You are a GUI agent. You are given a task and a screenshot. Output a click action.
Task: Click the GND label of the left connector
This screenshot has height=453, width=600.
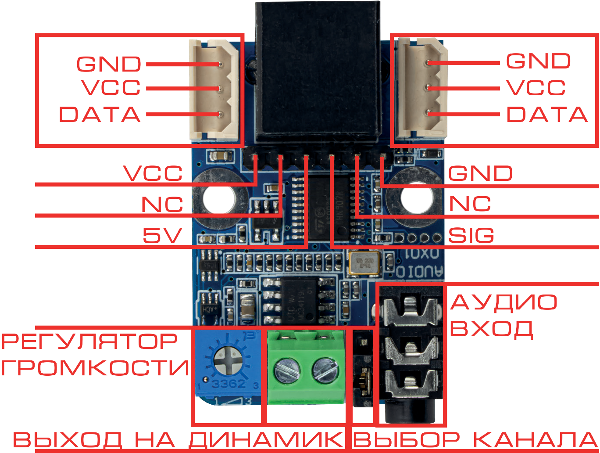click(109, 64)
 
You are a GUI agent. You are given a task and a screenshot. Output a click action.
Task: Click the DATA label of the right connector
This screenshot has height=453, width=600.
click(546, 115)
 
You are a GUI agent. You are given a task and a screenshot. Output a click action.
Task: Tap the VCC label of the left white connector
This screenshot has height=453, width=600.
click(111, 88)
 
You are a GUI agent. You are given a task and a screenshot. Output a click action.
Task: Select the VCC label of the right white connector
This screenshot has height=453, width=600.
click(536, 88)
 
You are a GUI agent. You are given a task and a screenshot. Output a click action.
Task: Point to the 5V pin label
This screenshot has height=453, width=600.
click(161, 236)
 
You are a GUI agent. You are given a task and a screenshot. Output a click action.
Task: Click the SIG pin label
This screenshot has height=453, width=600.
click(471, 236)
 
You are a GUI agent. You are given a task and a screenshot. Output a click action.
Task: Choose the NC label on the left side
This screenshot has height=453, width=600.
click(162, 205)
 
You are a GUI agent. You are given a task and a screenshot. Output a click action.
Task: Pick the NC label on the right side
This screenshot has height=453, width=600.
click(470, 204)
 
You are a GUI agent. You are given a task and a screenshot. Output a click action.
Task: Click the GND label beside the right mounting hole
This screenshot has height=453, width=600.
click(480, 174)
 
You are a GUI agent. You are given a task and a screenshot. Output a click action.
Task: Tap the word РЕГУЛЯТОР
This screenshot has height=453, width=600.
click(90, 342)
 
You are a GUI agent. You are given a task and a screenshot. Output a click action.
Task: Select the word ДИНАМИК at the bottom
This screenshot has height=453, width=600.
click(266, 439)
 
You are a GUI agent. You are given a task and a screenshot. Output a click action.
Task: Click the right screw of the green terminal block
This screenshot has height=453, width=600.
click(325, 372)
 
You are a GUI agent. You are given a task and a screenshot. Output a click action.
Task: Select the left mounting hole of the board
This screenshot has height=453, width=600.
click(218, 198)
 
